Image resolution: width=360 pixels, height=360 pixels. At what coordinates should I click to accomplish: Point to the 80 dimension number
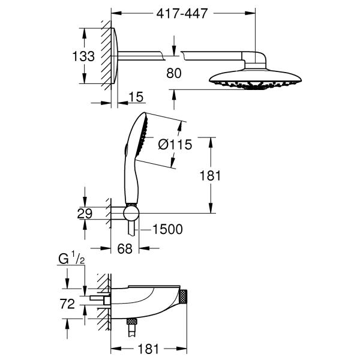pyautogui.click(x=175, y=73)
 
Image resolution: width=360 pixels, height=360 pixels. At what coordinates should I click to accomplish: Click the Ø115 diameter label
pyautogui.click(x=175, y=144)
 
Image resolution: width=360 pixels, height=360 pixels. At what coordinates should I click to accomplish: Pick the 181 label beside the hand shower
pyautogui.click(x=211, y=175)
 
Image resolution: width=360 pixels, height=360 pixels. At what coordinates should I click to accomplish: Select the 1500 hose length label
pyautogui.click(x=167, y=229)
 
